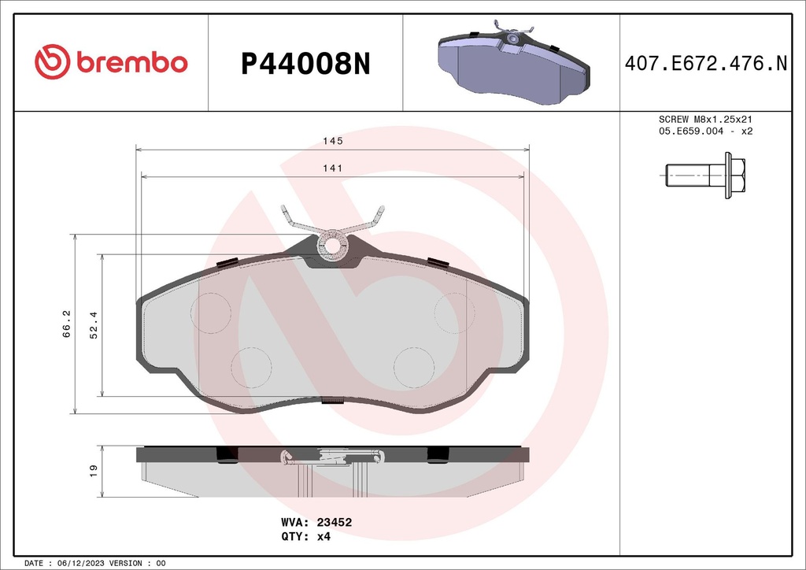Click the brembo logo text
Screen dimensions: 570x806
pyautogui.click(x=131, y=63)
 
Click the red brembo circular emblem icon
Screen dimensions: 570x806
pyautogui.click(x=52, y=63)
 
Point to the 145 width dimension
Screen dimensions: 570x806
pyautogui.click(x=332, y=141)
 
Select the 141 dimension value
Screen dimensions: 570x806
pyautogui.click(x=332, y=168)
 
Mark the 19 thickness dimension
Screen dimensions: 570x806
pyautogui.click(x=93, y=471)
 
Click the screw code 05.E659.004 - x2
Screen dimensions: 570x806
pyautogui.click(x=706, y=131)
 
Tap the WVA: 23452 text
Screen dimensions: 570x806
pyautogui.click(x=316, y=522)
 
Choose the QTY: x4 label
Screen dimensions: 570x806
pyautogui.click(x=305, y=536)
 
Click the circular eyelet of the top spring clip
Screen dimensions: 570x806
pyautogui.click(x=333, y=246)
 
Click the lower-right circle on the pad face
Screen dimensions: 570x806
pyautogui.click(x=413, y=367)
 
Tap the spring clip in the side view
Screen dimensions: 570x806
pyautogui.click(x=333, y=456)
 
